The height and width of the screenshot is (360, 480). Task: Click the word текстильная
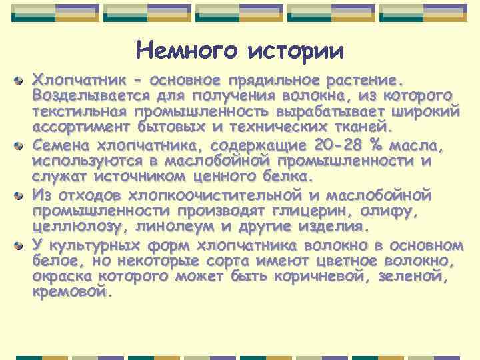click(80, 111)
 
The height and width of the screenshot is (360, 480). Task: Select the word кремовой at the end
click(69, 291)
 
